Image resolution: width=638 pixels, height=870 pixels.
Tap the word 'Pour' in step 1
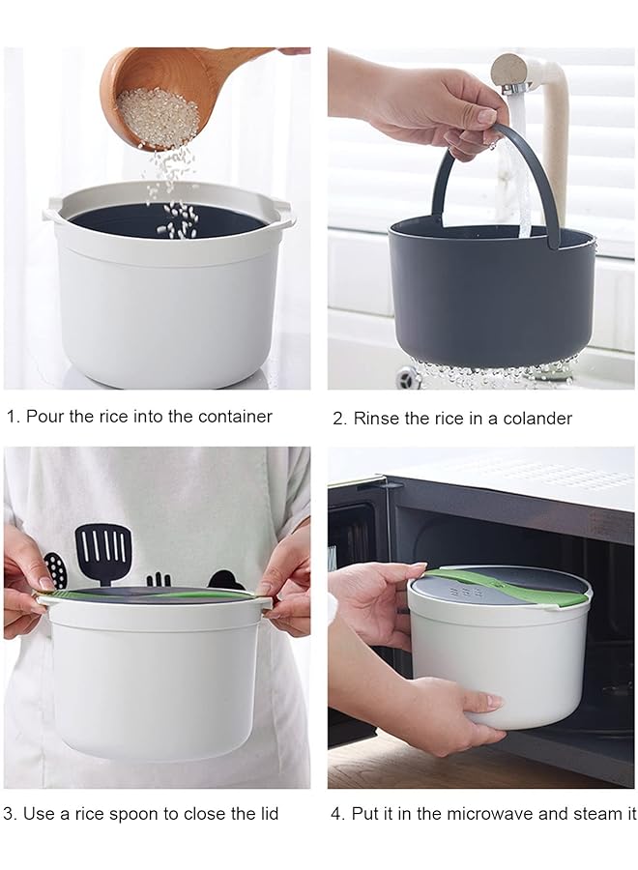point(43,417)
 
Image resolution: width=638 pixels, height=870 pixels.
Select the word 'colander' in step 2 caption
point(537,419)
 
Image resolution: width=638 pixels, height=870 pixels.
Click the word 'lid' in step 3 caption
point(266,814)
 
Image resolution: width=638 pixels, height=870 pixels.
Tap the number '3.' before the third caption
point(11,814)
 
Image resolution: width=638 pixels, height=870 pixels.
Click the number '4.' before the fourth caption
point(337,814)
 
